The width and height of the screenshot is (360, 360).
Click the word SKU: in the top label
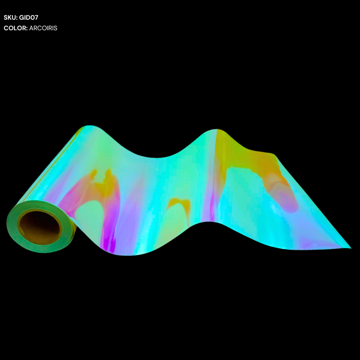click(x=11, y=17)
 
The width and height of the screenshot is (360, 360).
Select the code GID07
click(x=28, y=17)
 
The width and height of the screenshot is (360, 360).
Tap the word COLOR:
click(x=16, y=28)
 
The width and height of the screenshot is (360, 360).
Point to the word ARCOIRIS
click(x=43, y=28)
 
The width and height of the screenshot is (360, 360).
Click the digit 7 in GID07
click(x=36, y=17)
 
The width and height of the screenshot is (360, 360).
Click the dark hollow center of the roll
click(x=39, y=227)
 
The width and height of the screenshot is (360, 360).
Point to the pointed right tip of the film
click(x=350, y=248)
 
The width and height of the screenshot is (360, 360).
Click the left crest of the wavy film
click(x=90, y=126)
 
